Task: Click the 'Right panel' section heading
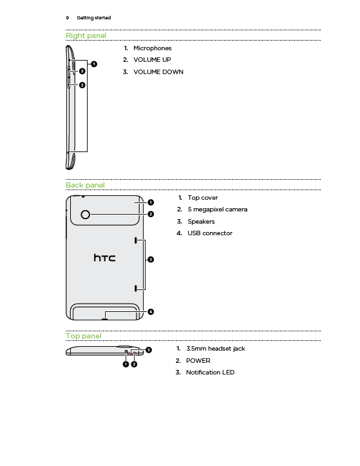tap(86, 35)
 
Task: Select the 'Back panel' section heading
tap(85, 185)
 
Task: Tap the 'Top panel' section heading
tap(84, 336)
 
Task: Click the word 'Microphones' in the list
tap(153, 48)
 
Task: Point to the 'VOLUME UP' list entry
tap(152, 60)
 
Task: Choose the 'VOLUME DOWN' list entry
tap(158, 72)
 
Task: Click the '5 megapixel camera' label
tap(218, 209)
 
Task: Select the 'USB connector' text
tap(210, 233)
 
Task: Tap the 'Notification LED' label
tap(211, 373)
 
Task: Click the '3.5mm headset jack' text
tap(216, 349)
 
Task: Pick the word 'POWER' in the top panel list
tap(198, 361)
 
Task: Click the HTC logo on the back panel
tap(104, 258)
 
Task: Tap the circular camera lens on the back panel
tap(85, 214)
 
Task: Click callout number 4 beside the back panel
tap(151, 312)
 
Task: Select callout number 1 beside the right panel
tap(94, 64)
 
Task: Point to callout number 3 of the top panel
tap(149, 350)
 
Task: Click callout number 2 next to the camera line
tap(151, 214)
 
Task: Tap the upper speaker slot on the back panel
tap(136, 240)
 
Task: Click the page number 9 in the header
tap(68, 18)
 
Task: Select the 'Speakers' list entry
tap(201, 222)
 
